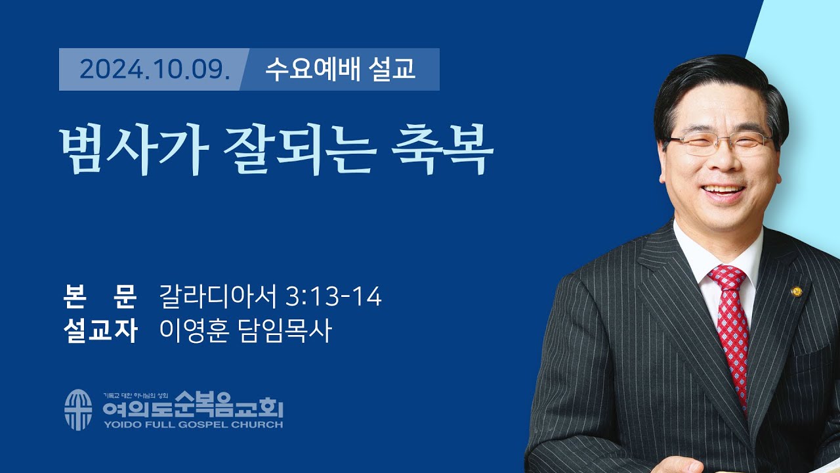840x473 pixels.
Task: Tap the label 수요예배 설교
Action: tap(340, 69)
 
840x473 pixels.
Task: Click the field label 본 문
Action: tap(99, 298)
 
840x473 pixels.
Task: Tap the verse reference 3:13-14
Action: tap(334, 298)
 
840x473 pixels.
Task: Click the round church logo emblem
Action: tap(78, 410)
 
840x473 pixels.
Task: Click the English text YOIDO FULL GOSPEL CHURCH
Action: tap(192, 425)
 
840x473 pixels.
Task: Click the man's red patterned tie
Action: tap(732, 335)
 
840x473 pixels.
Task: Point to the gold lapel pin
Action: tap(797, 291)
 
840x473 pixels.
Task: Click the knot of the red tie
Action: tap(726, 278)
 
